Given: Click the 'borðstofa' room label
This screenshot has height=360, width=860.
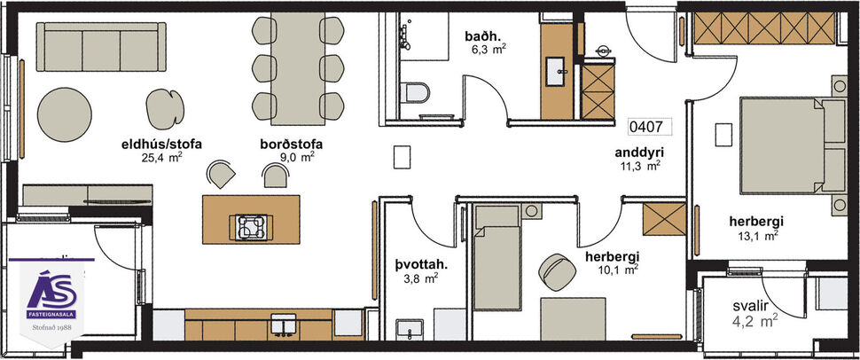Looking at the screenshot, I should pyautogui.click(x=291, y=144).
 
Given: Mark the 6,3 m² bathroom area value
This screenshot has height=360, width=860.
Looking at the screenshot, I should pyautogui.click(x=488, y=50).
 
